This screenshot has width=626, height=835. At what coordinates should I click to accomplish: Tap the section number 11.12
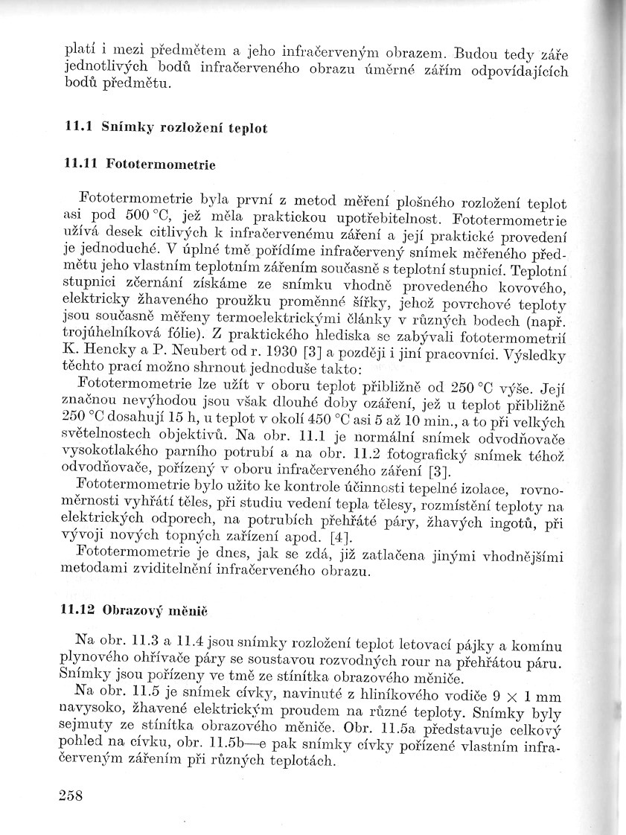[76, 609]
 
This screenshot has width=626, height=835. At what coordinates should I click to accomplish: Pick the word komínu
[538, 642]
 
